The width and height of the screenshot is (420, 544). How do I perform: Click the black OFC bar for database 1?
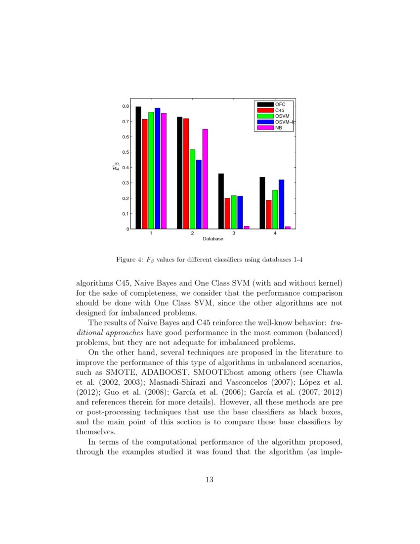(138, 168)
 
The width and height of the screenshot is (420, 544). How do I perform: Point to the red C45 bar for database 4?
(268, 215)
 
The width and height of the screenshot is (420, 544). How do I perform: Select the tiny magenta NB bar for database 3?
(247, 227)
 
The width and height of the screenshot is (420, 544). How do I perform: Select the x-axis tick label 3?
(234, 233)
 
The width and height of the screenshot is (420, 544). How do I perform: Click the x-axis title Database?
(212, 239)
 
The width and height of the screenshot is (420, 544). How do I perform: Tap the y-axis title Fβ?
(116, 168)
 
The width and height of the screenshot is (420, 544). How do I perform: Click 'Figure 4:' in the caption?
(129, 260)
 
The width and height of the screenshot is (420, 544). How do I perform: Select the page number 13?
(210, 479)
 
